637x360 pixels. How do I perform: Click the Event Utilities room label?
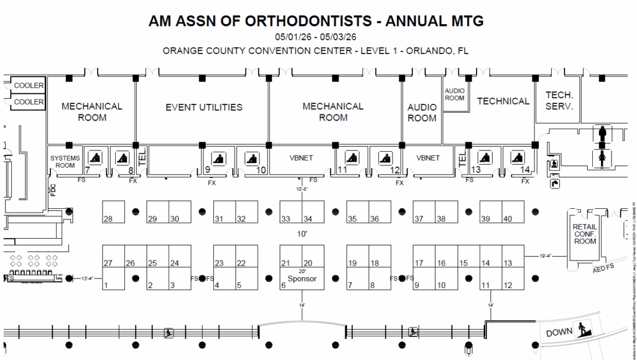tap(203, 108)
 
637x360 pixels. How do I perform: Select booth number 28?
tap(108, 219)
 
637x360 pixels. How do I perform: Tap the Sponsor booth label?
tap(302, 279)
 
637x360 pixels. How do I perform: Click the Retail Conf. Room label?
tap(585, 234)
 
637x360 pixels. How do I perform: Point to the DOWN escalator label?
tap(559, 333)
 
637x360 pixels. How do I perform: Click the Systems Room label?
tap(65, 162)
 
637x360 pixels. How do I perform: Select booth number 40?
tap(508, 219)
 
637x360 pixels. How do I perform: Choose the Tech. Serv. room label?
tap(559, 101)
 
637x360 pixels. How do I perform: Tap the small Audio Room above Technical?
tap(455, 95)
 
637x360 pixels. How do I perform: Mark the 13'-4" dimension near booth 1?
tap(88, 279)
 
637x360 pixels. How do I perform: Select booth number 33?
tap(286, 219)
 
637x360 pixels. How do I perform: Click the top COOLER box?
tap(29, 85)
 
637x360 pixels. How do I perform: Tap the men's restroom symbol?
tap(602, 132)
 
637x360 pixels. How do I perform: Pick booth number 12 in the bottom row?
tap(508, 285)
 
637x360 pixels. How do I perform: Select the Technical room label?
tap(503, 101)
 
